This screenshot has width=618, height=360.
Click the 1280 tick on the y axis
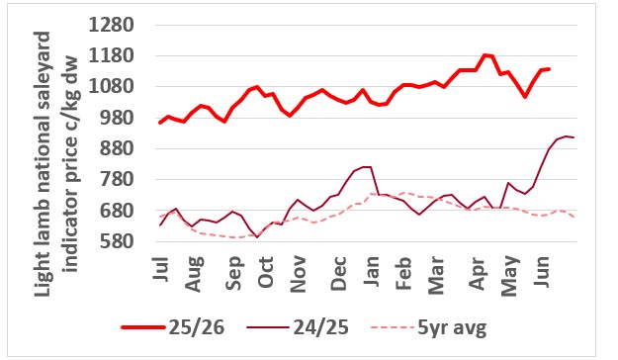[112, 26]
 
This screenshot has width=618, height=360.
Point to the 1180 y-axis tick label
[112, 56]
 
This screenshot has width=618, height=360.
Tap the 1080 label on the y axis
[112, 87]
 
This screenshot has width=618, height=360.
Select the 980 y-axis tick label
[117, 118]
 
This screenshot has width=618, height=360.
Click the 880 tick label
[117, 149]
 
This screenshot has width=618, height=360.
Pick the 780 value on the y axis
[117, 180]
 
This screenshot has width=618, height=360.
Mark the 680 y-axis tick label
[117, 211]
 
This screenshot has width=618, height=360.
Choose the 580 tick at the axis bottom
[117, 241]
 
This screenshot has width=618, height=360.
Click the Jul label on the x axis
[160, 269]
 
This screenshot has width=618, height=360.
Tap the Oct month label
[265, 272]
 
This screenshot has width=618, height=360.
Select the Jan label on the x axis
[371, 271]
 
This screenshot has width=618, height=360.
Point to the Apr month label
[477, 273]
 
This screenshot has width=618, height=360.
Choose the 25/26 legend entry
[173, 327]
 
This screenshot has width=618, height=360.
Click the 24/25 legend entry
[298, 327]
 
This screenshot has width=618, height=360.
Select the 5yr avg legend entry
[429, 327]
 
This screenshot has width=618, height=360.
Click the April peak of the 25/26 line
[485, 55]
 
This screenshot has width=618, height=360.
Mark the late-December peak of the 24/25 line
[367, 167]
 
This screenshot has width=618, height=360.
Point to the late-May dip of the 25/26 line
[525, 96]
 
